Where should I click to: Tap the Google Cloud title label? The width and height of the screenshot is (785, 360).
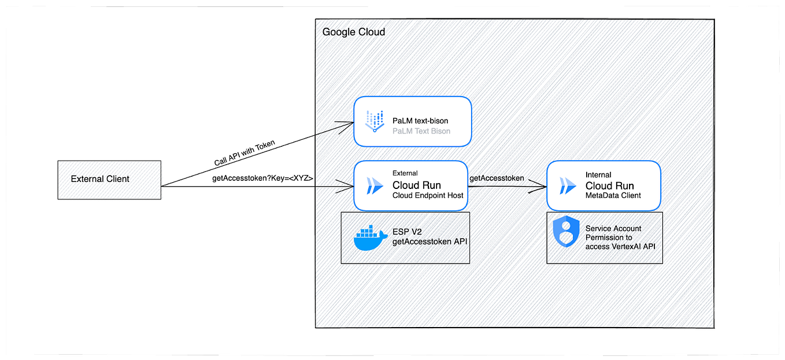pyautogui.click(x=353, y=32)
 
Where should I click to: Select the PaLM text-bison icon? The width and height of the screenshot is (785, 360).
pyautogui.click(x=375, y=121)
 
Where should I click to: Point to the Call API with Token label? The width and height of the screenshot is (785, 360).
pyautogui.click(x=245, y=154)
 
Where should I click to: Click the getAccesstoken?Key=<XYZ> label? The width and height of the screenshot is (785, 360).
pyautogui.click(x=262, y=179)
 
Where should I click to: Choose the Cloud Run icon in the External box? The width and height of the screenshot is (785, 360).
pyautogui.click(x=375, y=186)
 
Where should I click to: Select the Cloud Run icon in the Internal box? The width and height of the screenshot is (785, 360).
pyautogui.click(x=568, y=186)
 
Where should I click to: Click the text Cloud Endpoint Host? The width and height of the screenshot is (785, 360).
pyautogui.click(x=428, y=196)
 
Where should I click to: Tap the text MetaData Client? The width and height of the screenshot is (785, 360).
pyautogui.click(x=613, y=196)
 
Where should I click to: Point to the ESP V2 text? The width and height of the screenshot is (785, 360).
pyautogui.click(x=406, y=232)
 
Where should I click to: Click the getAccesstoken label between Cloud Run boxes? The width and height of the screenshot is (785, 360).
pyautogui.click(x=497, y=178)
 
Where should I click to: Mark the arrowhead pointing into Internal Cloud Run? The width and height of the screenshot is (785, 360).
pyautogui.click(x=542, y=186)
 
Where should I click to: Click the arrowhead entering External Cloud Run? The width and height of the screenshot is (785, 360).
pyautogui.click(x=349, y=186)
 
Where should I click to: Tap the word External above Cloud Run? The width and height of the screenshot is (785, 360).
pyautogui.click(x=405, y=173)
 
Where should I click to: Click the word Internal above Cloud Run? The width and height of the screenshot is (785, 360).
pyautogui.click(x=598, y=175)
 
